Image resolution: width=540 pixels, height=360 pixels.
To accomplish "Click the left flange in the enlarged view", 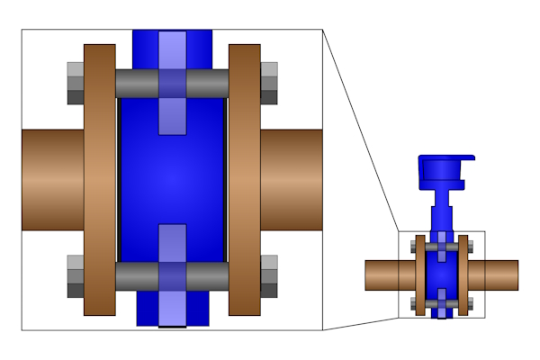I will pos(99,180).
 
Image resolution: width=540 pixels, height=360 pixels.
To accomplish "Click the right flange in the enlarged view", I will pos(244,180).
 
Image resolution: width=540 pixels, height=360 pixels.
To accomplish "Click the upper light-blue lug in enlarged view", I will pos(172,82).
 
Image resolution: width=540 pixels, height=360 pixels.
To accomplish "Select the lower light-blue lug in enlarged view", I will pos(172,275).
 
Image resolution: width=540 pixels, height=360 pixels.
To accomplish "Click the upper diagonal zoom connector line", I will pos(360,131).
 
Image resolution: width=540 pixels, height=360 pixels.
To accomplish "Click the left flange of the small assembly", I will pos(418,274).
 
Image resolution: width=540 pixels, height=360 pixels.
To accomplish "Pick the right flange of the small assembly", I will pos(463,274).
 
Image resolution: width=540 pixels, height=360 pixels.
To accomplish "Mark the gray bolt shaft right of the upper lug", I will pos(207,84).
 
